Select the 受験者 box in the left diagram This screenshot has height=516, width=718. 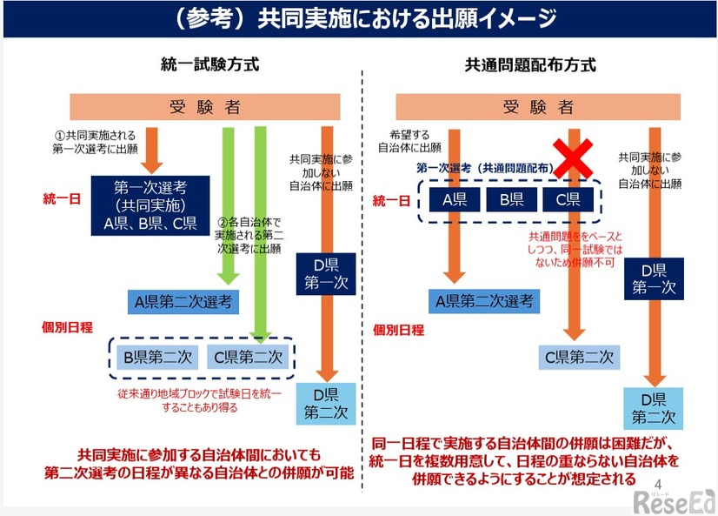click(205, 107)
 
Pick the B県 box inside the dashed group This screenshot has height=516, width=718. click(505, 199)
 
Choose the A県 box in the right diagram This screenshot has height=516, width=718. click(449, 199)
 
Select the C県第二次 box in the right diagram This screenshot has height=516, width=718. click(580, 357)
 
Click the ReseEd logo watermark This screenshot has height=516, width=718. click(674, 499)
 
